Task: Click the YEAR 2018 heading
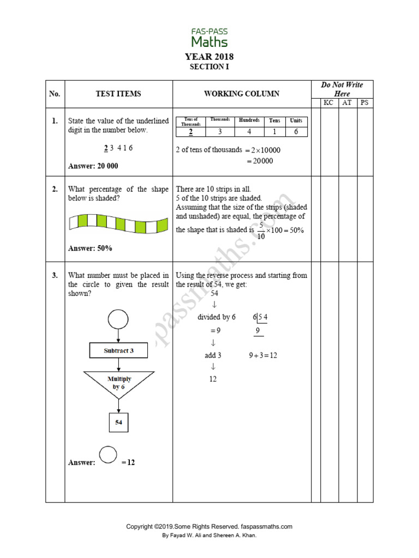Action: coord(209,57)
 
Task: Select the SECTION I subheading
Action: coord(209,67)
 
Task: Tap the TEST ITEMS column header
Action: coord(118,94)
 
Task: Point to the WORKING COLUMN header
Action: coord(242,94)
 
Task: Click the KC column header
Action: coord(328,102)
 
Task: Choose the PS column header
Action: coord(365,102)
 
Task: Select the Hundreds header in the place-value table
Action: coord(249,120)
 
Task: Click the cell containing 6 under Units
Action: coord(296,131)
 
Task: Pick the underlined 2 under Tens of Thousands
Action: coord(191,131)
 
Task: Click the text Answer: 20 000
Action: coord(93,166)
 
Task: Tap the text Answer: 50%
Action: coord(90,248)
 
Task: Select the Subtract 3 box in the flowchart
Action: coord(118,351)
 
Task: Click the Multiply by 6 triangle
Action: coord(118,381)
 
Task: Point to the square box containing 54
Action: coord(118,422)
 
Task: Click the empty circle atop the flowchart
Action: coord(118,319)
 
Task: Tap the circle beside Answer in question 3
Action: coord(108,454)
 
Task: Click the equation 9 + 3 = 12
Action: coord(264,355)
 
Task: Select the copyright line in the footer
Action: coord(209,526)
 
